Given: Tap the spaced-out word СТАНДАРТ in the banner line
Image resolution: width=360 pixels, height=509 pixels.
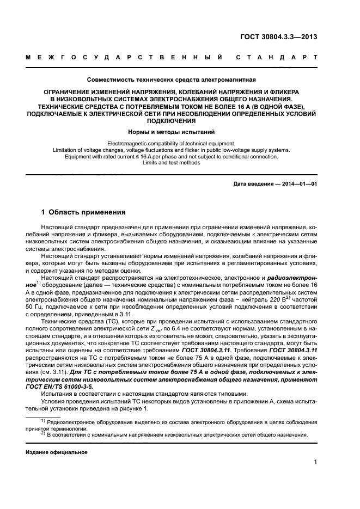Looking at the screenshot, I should [x=277, y=57].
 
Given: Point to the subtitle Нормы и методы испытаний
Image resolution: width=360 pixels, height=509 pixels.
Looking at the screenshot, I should [x=172, y=132].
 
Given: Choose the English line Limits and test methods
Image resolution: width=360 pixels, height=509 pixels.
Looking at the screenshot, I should [x=172, y=163].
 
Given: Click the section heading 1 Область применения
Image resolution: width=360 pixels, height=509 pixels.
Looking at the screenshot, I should [x=84, y=212].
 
